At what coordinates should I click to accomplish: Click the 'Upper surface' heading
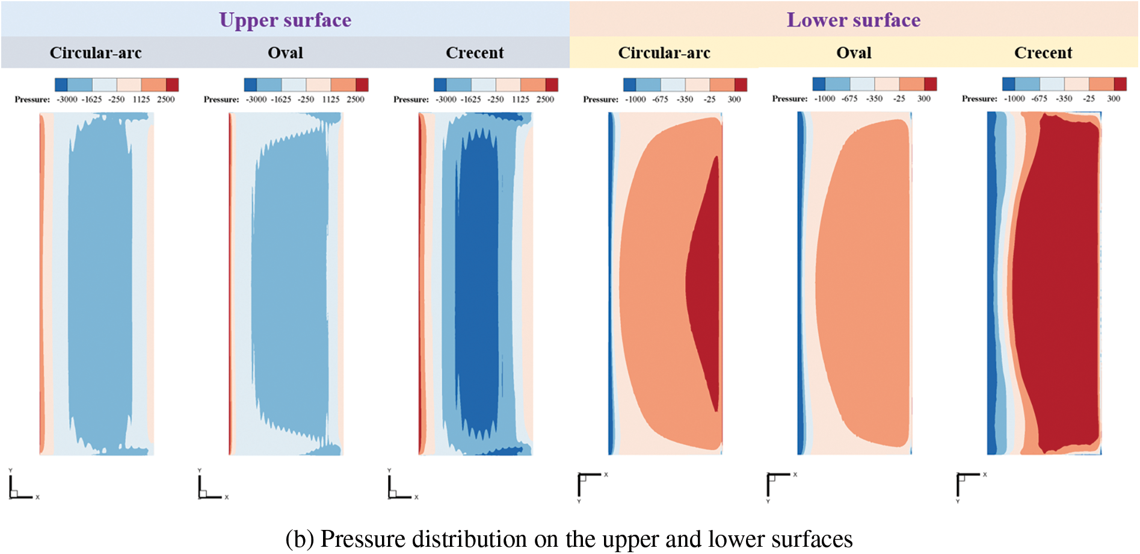[285, 20]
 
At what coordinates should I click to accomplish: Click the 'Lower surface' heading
[854, 20]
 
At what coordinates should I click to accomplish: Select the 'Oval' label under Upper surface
[285, 53]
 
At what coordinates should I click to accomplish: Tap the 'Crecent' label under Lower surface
[1043, 53]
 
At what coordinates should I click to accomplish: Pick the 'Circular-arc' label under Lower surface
[664, 53]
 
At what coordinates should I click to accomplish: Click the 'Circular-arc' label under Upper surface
[96, 53]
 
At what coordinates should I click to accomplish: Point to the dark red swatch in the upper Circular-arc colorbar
[172, 84]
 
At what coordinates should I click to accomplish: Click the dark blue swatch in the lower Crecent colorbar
[1009, 84]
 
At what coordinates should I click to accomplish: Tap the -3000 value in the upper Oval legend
[256, 99]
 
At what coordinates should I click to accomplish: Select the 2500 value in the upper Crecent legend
[545, 99]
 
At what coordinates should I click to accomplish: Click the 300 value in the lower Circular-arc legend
[734, 99]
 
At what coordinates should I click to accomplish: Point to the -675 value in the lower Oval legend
[849, 99]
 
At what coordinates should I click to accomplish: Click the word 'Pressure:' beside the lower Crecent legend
[979, 99]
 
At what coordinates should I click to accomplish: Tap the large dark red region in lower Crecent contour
[1056, 283]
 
